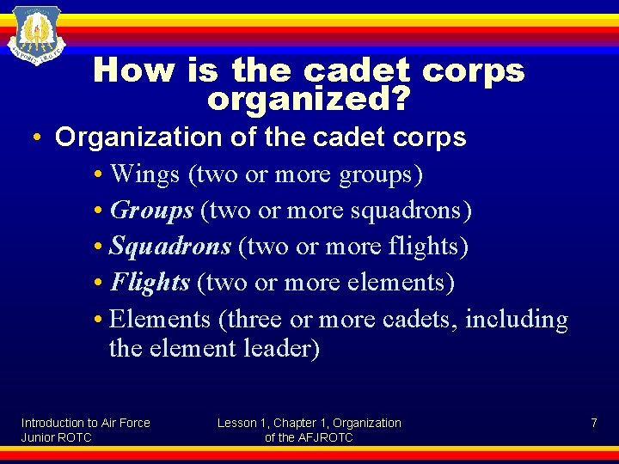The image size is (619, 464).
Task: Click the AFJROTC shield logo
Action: pos(36,35)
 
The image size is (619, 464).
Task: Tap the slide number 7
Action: pos(593,423)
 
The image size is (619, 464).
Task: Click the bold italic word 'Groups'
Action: pos(152,211)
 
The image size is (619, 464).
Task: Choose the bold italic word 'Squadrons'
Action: pos(170,247)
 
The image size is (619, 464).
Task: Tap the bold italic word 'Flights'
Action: pos(150,283)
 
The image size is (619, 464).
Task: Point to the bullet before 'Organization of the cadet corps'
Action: pos(40,138)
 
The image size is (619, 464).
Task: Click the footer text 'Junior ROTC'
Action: pos(57,437)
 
